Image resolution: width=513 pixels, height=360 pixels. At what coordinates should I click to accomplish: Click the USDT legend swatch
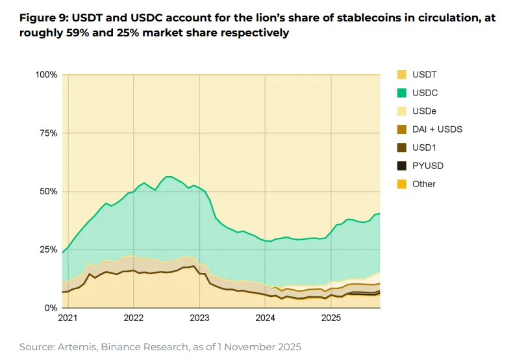[401, 75]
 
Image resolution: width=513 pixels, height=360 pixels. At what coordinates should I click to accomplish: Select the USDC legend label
[425, 93]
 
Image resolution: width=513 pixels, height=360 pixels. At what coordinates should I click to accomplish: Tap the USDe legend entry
[425, 111]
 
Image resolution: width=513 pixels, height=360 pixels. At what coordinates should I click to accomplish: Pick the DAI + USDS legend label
[437, 129]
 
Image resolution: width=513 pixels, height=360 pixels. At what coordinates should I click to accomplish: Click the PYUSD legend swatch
[401, 166]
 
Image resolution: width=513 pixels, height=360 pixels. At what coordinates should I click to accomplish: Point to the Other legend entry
[424, 184]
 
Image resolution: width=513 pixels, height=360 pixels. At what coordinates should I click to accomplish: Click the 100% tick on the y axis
[46, 75]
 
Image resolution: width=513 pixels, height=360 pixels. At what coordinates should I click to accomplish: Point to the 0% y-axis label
[51, 308]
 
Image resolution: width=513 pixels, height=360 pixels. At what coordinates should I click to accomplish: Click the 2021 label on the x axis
[68, 318]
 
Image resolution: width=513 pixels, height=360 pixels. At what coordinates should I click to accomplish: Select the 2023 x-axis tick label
[199, 318]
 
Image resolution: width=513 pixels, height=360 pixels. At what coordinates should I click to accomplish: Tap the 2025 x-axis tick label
[331, 318]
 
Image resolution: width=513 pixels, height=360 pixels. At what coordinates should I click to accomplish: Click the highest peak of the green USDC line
[169, 176]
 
